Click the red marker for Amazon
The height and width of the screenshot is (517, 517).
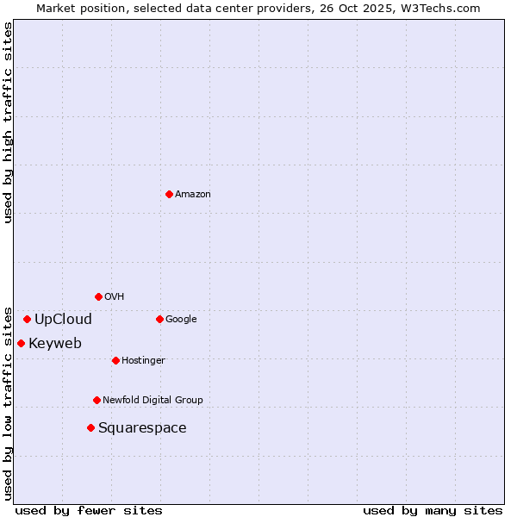click(x=169, y=194)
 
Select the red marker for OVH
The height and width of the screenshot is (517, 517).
click(x=98, y=296)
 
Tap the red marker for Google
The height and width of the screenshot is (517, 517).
click(x=159, y=319)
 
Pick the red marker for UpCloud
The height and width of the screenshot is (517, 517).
click(x=27, y=319)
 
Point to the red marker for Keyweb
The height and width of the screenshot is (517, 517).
click(x=21, y=343)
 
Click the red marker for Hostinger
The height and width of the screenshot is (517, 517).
click(x=115, y=360)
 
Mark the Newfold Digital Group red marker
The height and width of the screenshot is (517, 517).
click(x=97, y=400)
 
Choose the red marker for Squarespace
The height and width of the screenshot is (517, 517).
click(x=90, y=427)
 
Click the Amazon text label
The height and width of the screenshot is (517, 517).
click(x=193, y=195)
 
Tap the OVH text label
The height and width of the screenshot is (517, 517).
click(x=115, y=297)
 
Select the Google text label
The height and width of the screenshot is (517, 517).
click(x=181, y=320)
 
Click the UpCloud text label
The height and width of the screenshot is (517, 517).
click(x=63, y=320)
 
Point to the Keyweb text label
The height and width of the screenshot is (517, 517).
click(x=55, y=344)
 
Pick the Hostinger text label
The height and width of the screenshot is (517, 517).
click(x=143, y=361)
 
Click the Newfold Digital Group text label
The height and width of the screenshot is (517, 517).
click(x=153, y=401)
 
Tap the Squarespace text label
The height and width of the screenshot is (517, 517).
click(x=142, y=428)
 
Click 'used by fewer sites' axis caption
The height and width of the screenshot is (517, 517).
click(x=89, y=510)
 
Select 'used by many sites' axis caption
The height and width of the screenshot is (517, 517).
click(x=433, y=510)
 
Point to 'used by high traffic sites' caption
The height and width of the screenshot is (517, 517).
click(x=8, y=122)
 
